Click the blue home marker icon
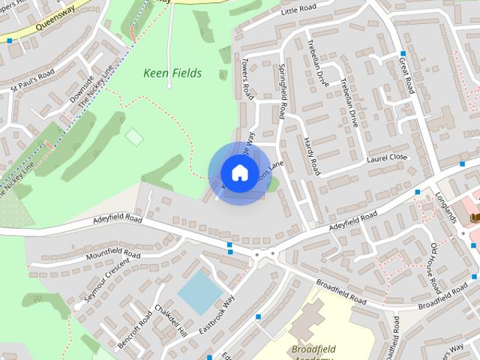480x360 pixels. [x=238, y=172]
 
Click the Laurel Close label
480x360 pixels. [x=388, y=157]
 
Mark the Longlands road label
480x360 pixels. [x=446, y=206]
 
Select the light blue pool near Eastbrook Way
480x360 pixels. [x=199, y=292]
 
